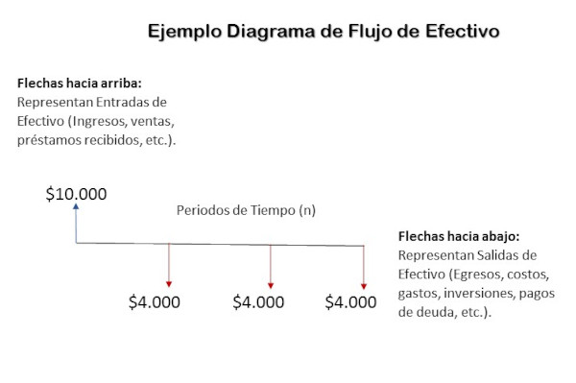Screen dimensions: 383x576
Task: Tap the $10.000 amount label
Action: (x=77, y=195)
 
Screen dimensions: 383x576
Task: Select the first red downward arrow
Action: (x=169, y=266)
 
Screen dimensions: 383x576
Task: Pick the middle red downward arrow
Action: (x=271, y=266)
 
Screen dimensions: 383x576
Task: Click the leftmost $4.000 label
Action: (x=155, y=302)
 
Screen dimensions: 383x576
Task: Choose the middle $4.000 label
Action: (x=258, y=302)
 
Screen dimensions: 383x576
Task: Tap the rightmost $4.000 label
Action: (x=350, y=302)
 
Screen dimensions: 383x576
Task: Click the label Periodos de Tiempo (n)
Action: (x=246, y=210)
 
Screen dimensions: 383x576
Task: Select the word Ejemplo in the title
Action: (x=183, y=32)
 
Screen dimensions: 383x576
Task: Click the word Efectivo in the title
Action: (x=458, y=32)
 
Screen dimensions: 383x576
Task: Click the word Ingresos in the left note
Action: (x=122, y=121)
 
